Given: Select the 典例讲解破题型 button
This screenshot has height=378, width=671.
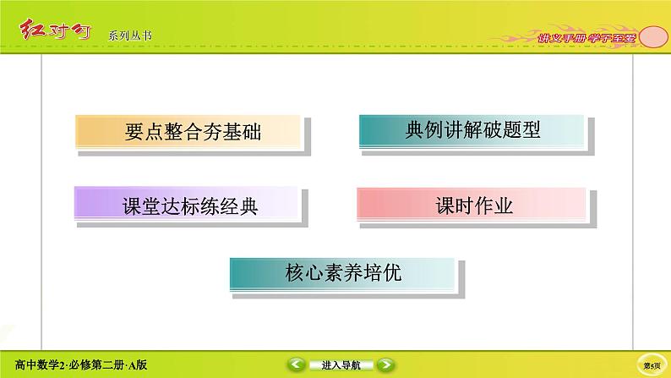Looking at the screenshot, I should (x=472, y=130).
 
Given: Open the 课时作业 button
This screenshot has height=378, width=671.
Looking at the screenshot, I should (x=472, y=205).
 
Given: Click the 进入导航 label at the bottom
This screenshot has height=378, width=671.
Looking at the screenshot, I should (x=341, y=365).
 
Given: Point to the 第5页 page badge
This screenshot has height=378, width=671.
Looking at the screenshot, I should (x=652, y=365).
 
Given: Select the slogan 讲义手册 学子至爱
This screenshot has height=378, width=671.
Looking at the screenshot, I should (x=586, y=38).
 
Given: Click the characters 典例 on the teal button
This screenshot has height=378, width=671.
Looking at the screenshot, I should (x=424, y=130).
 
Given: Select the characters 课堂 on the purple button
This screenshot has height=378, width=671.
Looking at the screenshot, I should (x=135, y=205).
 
